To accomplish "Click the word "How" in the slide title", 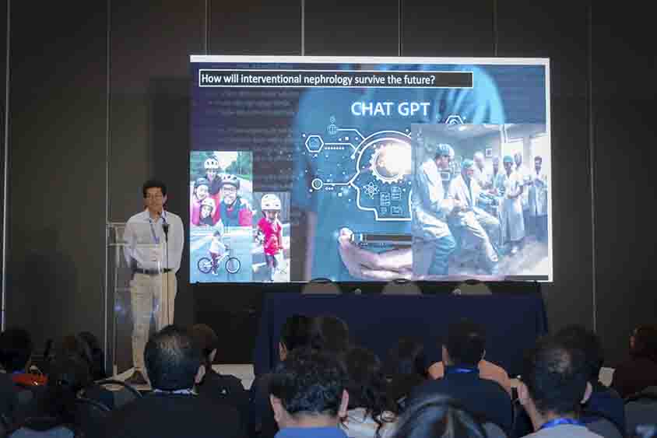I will click(211, 79).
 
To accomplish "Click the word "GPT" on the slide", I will click(413, 109).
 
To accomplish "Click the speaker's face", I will click(155, 195).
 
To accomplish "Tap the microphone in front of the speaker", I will click(164, 227).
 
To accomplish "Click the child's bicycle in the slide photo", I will click(219, 263).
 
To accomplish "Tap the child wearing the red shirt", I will click(270, 233).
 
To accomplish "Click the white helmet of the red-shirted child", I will click(270, 201).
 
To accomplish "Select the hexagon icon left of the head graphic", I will click(314, 143).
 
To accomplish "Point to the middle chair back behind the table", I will click(400, 287).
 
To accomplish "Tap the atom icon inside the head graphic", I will click(371, 189).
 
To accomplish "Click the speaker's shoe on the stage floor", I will click(138, 377).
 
